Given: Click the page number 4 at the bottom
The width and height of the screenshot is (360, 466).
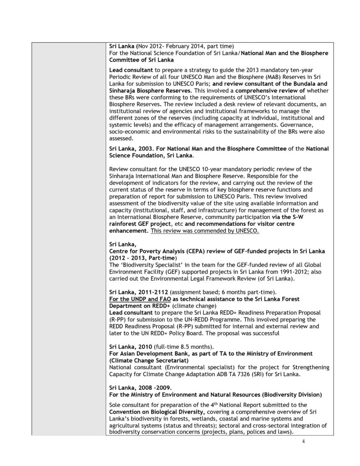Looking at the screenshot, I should click(303, 441).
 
